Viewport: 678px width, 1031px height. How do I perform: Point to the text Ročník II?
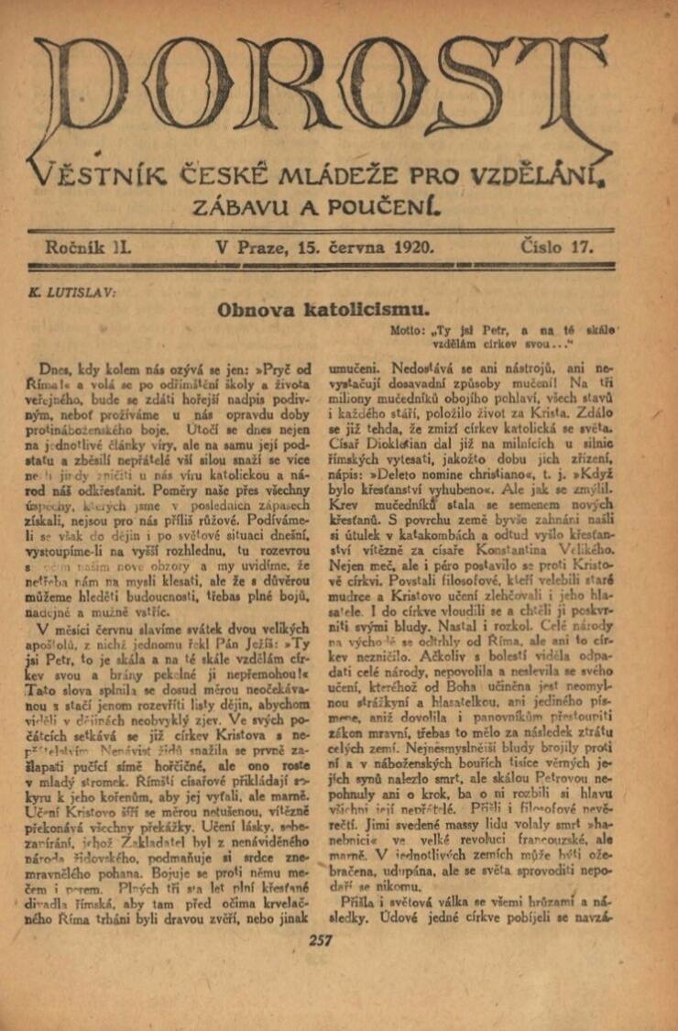(88, 247)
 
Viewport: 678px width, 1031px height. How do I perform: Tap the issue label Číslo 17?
(554, 247)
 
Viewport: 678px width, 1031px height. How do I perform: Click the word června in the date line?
(357, 247)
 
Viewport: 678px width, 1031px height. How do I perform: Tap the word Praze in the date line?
(259, 247)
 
